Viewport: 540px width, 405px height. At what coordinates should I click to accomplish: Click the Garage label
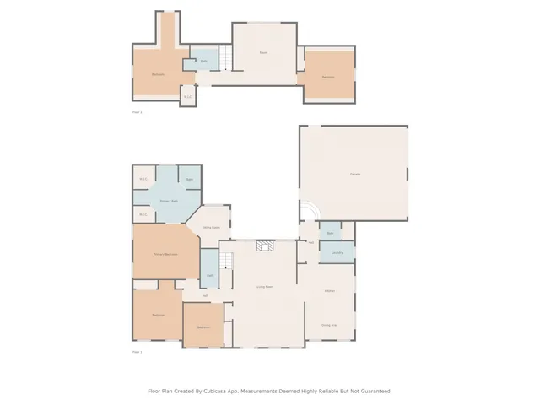[x=354, y=174]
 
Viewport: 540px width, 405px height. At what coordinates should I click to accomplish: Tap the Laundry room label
[x=337, y=252]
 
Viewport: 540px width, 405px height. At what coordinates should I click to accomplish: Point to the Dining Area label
[x=330, y=324]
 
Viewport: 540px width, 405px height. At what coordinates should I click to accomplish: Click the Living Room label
[x=264, y=287]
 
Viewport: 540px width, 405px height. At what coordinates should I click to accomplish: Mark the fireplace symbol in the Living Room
[x=265, y=245]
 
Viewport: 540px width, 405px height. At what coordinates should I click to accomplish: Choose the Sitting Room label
[x=211, y=227]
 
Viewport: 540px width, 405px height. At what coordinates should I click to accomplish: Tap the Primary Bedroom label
[x=165, y=254]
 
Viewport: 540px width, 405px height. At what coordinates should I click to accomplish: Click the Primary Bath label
[x=170, y=200]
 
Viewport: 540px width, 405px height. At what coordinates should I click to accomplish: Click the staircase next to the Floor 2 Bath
[x=226, y=59]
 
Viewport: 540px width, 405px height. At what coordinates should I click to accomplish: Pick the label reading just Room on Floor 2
[x=263, y=53]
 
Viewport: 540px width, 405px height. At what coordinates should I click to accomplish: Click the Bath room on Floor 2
[x=203, y=61]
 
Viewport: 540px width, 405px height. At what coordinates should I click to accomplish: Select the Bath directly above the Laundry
[x=330, y=232]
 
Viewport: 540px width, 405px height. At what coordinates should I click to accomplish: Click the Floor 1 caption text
[x=138, y=352]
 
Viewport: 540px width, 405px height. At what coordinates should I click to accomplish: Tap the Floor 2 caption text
[x=138, y=111]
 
